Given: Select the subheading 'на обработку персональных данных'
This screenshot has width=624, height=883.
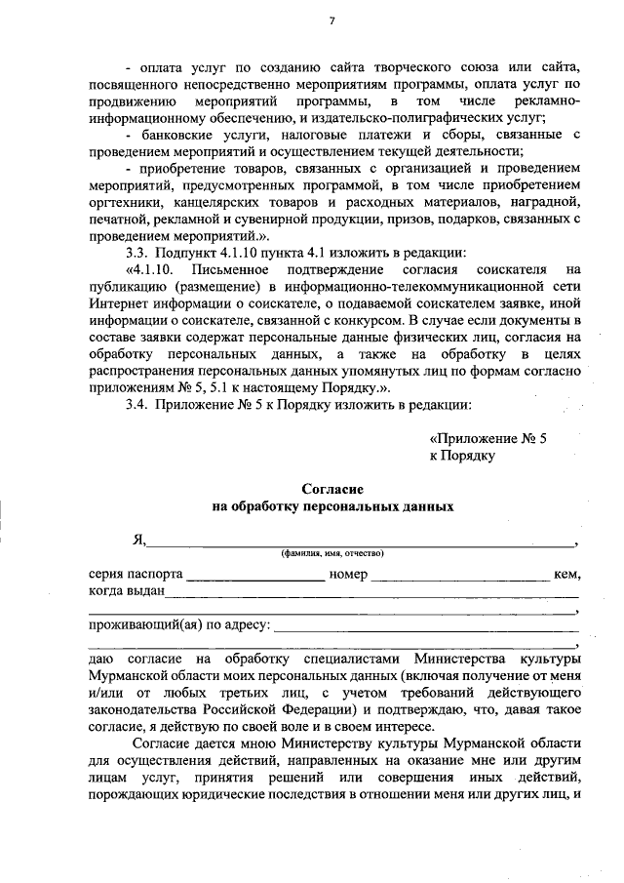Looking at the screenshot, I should (x=331, y=507).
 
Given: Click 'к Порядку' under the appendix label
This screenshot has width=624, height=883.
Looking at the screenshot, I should (x=462, y=455).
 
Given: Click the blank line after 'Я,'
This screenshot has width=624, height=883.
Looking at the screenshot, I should (x=361, y=544).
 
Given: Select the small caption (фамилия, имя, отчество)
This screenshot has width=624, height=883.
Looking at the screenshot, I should (x=331, y=554).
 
